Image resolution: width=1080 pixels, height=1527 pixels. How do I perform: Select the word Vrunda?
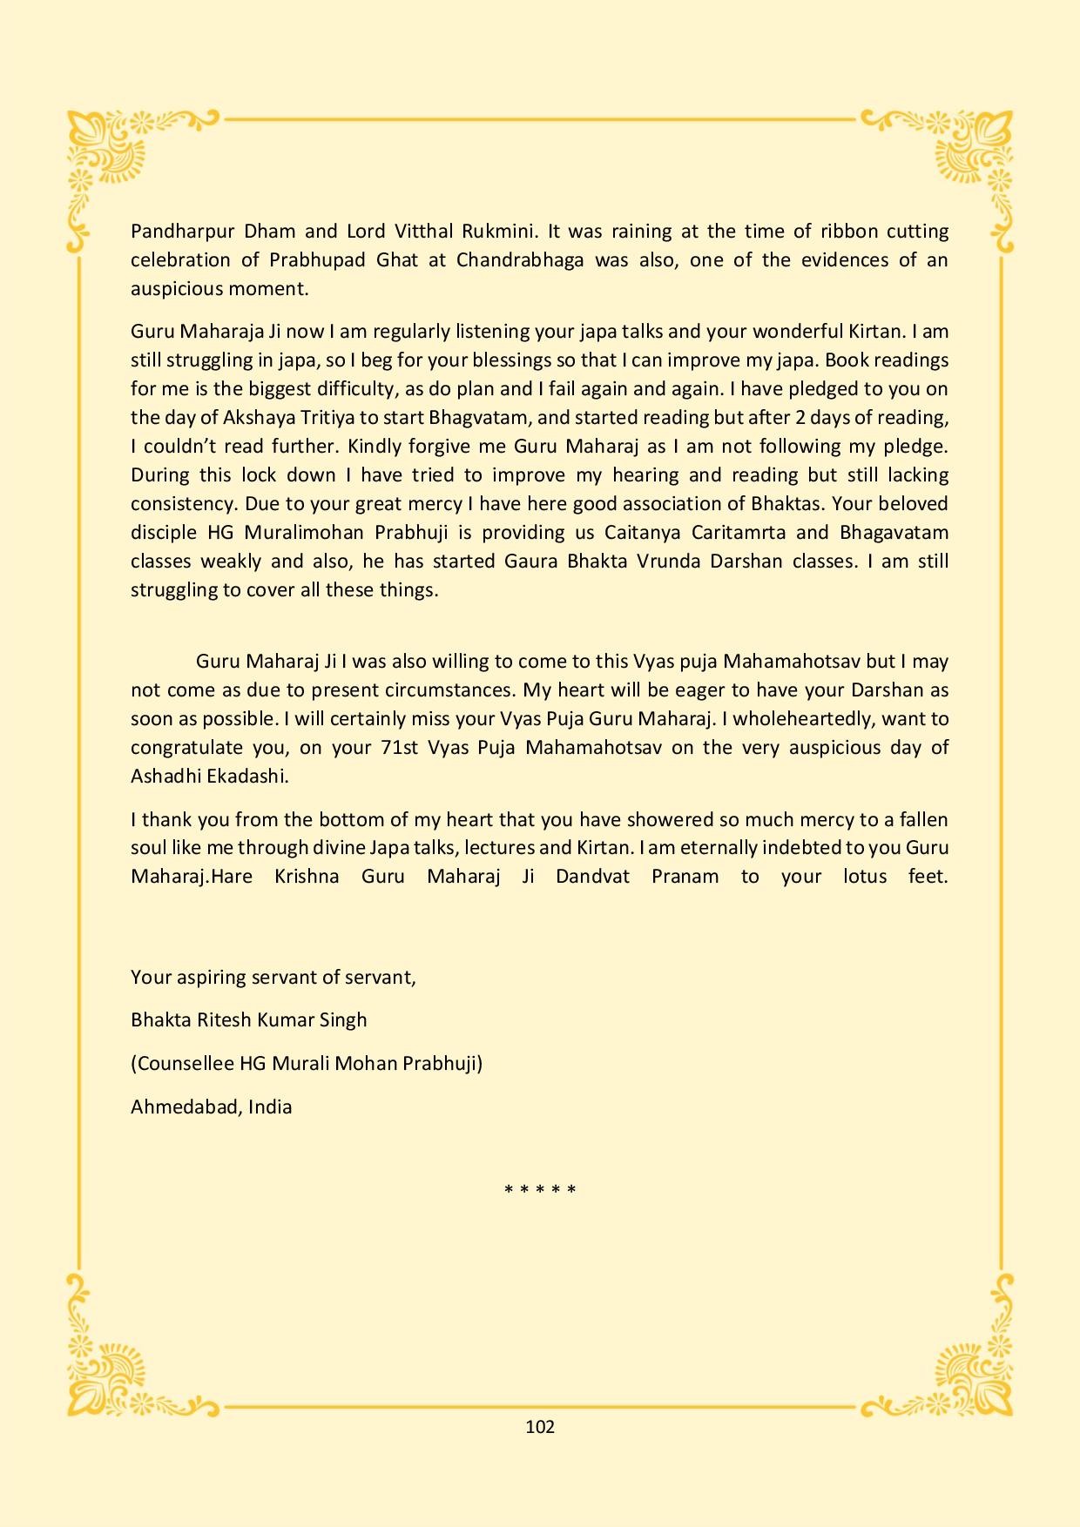coord(663,562)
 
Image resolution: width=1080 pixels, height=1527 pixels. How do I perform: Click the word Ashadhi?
coord(165,777)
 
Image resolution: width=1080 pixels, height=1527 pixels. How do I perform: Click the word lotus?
coord(865,877)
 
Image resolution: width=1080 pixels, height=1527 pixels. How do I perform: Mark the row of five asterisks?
coord(540,1190)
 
